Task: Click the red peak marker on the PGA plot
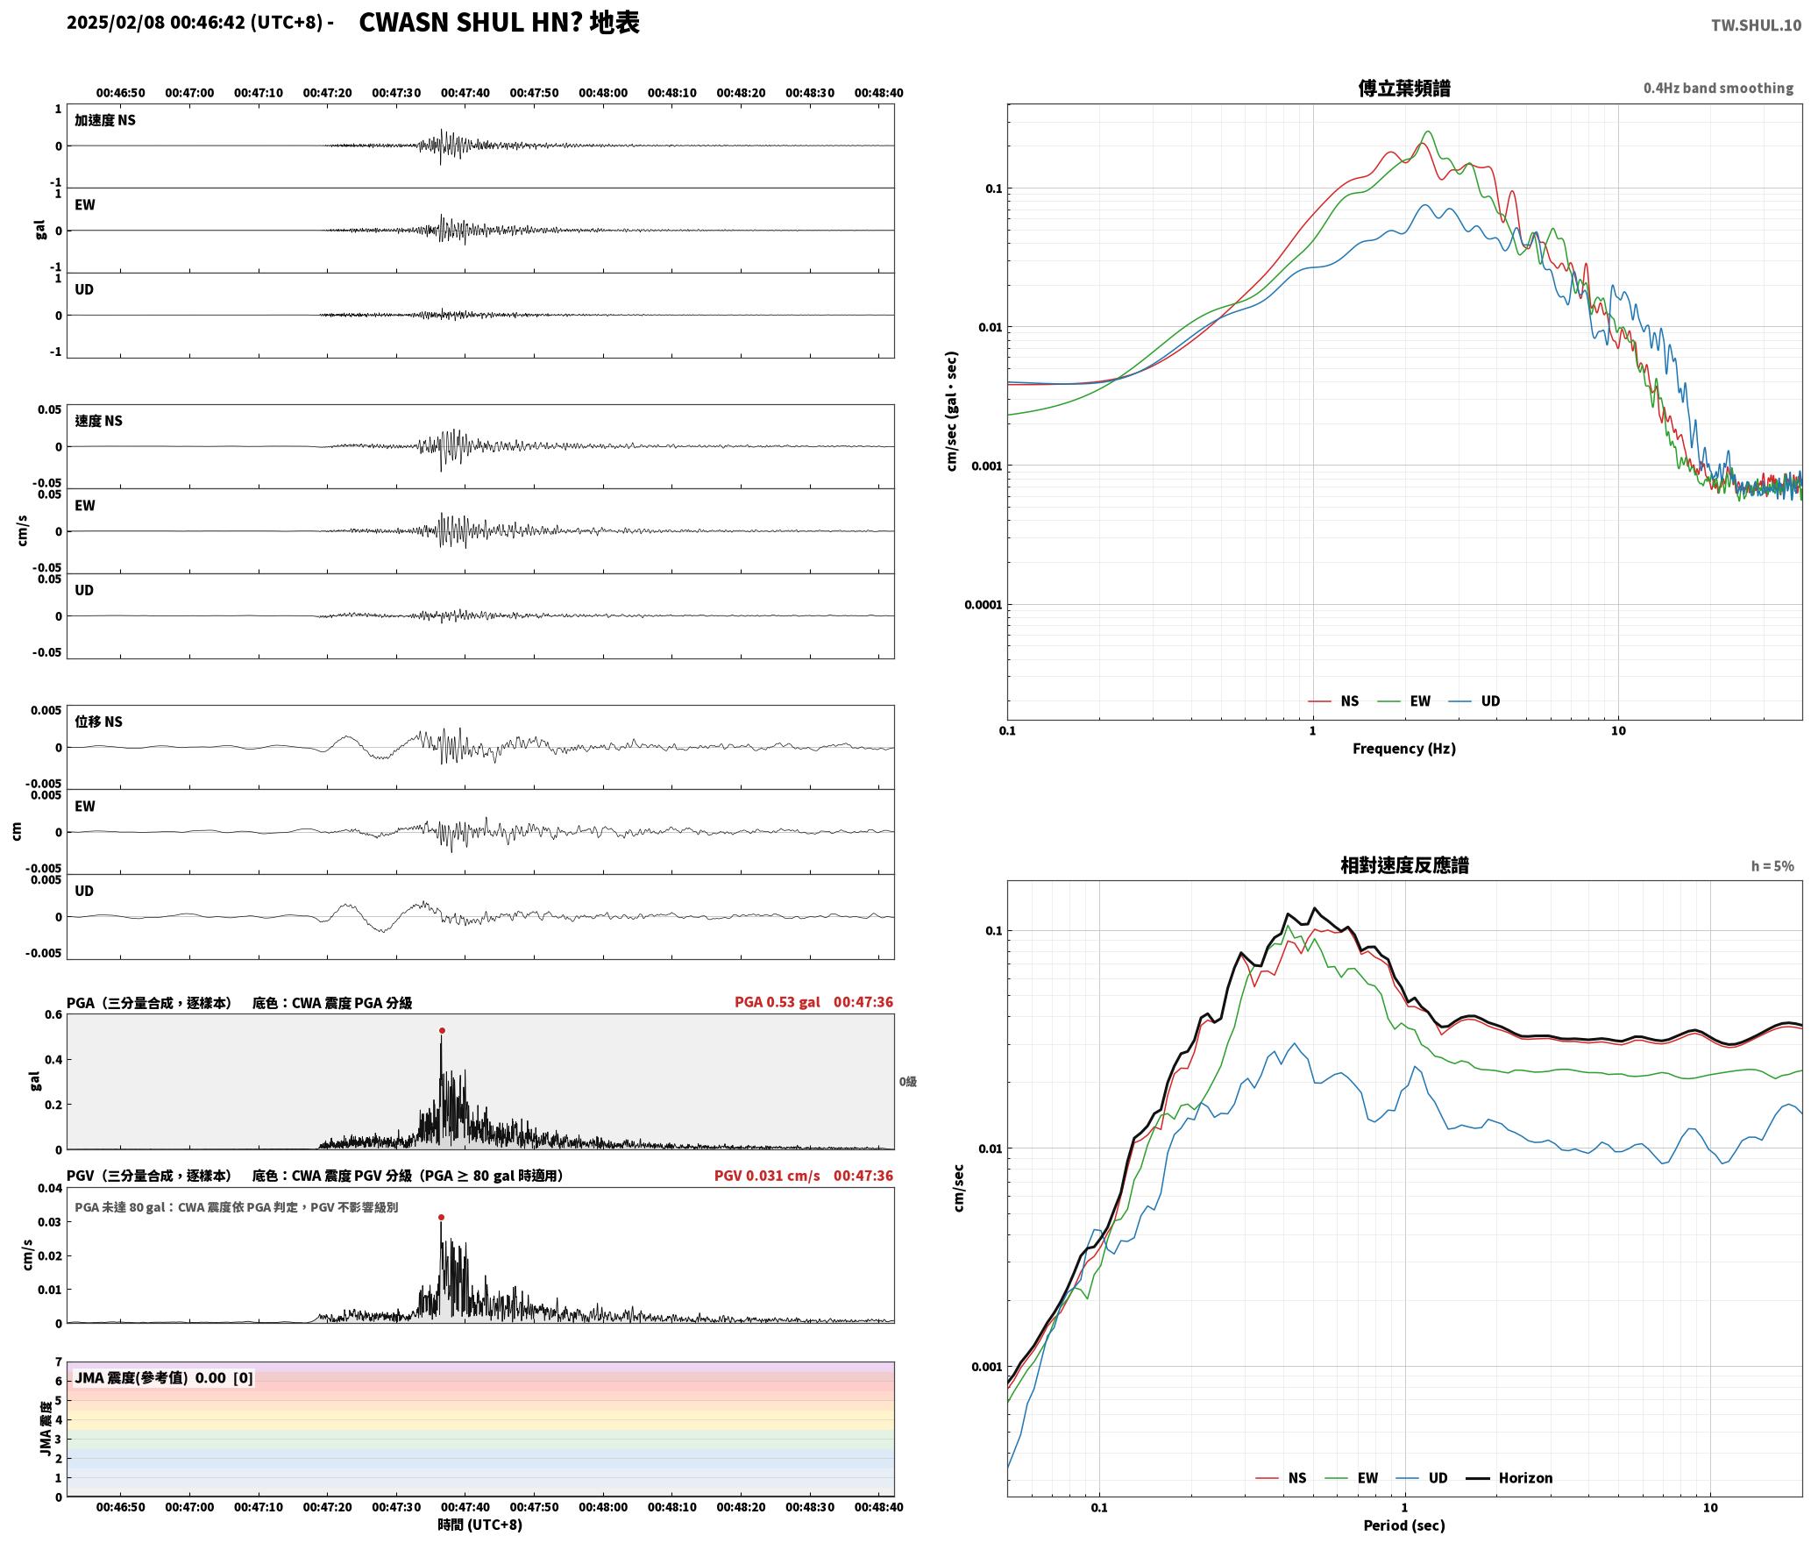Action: pos(442,1031)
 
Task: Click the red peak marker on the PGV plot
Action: pos(441,1218)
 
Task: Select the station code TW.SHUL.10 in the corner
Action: pos(1756,25)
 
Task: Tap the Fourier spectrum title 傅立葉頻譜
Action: pos(1403,89)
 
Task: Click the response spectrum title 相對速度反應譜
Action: pos(1404,865)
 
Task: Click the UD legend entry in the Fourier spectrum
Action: pos(1474,701)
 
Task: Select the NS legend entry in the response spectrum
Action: pos(1282,1478)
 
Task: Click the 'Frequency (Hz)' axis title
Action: pos(1403,749)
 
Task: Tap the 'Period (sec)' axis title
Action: pos(1403,1525)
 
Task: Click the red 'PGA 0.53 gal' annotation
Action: pos(778,1002)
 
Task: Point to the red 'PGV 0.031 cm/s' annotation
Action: pos(767,1176)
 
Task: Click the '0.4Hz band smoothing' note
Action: pos(1718,89)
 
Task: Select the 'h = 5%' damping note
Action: pos(1772,866)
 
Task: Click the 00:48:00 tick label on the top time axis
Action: pos(603,93)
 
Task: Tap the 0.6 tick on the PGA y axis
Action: pos(53,1015)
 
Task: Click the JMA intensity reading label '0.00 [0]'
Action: pos(224,1378)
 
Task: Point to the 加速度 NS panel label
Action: pos(105,120)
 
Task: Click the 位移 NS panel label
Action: pos(98,722)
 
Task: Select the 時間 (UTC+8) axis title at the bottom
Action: pos(480,1525)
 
